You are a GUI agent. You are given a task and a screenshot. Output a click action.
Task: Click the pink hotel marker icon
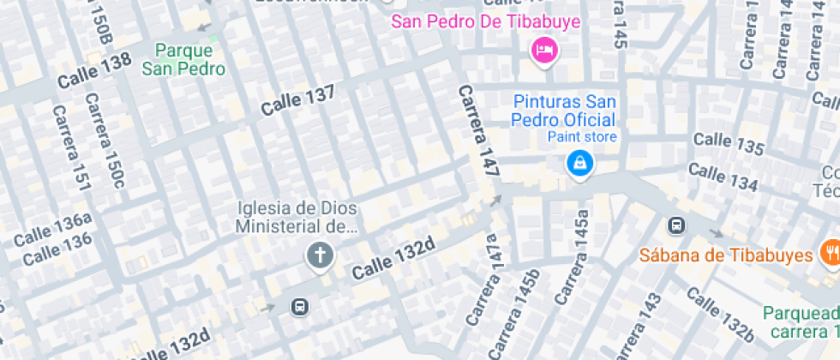point(543,50)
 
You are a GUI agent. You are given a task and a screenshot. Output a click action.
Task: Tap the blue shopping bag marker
point(580,162)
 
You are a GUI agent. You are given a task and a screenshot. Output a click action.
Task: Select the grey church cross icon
point(320,255)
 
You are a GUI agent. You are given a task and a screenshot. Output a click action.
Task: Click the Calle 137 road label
point(297,101)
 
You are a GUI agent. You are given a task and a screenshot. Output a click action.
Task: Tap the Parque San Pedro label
point(183,60)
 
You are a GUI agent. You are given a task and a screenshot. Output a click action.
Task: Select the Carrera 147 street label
point(479,130)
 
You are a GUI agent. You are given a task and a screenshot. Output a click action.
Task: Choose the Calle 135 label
point(728,143)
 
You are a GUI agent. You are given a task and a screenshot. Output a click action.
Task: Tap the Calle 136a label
point(52,228)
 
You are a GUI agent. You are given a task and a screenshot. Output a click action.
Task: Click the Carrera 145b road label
point(527,314)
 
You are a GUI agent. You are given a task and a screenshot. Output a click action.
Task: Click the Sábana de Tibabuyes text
point(725,255)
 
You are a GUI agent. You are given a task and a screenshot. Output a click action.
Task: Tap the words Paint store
point(582,136)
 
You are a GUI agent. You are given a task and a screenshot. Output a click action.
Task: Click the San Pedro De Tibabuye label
point(486,21)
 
